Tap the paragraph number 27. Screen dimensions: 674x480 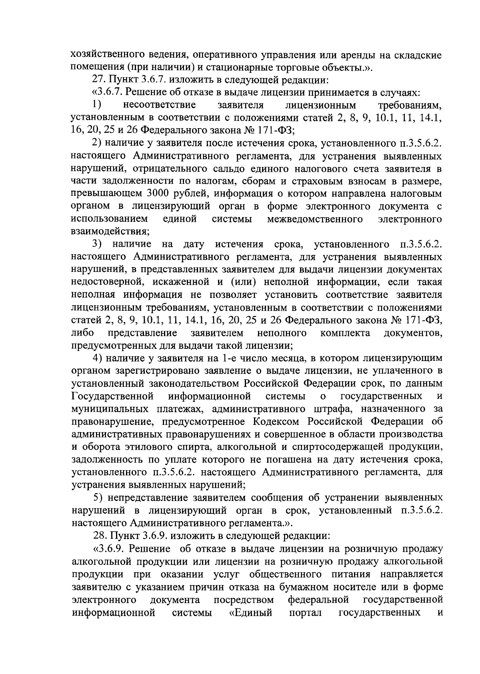coord(98,80)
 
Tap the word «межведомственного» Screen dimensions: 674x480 coord(320,219)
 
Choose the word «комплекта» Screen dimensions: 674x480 coord(345,333)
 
